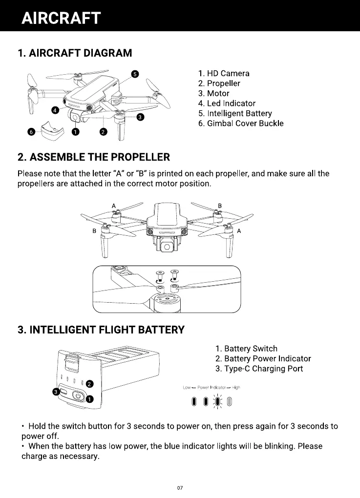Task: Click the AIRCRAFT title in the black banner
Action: pos(61,18)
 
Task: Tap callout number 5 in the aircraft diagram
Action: pos(136,74)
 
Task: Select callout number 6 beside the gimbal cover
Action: pos(31,132)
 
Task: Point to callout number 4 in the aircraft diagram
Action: pos(55,110)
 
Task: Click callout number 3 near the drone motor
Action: pos(140,117)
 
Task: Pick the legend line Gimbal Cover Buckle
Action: pos(241,123)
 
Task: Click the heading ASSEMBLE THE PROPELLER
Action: pos(93,157)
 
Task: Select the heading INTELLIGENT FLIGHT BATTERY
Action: pos(101,330)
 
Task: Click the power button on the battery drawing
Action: pos(78,396)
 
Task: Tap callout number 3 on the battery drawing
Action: pos(57,392)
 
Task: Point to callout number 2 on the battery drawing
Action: pos(89,384)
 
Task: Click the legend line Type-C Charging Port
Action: pos(259,369)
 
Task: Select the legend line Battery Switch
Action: pos(246,349)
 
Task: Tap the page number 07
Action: pos(180,488)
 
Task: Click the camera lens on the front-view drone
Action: pos(167,247)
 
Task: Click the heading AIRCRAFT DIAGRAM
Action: pos(74,53)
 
